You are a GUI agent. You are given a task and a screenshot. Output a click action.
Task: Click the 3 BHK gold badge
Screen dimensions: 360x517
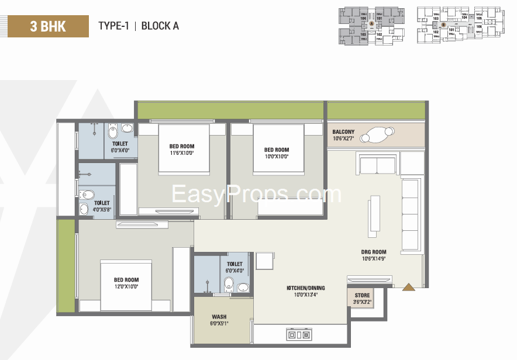[x=48, y=26]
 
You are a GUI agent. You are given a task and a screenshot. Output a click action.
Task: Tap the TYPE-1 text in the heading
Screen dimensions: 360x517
[x=113, y=26]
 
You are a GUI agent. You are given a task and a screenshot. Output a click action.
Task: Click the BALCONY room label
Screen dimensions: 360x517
[x=343, y=131]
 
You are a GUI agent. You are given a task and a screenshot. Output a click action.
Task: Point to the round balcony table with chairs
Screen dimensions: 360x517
[x=375, y=135]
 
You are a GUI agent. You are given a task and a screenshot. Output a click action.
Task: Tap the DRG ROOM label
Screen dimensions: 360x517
[x=373, y=252]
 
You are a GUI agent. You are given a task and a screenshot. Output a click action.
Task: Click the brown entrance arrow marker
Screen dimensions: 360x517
[x=408, y=286]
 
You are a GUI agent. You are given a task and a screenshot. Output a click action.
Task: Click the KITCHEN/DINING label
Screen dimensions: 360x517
[x=305, y=288]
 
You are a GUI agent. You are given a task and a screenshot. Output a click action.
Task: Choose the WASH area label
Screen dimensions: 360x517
[x=219, y=317]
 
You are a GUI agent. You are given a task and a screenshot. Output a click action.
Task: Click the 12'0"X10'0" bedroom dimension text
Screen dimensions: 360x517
[x=126, y=287]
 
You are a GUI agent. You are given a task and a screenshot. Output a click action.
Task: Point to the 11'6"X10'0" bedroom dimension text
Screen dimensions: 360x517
[x=181, y=153]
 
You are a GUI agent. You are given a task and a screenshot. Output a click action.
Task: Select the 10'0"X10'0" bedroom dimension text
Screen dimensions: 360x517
[x=277, y=157]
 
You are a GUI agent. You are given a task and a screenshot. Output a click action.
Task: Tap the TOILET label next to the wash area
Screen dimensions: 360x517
[x=235, y=267]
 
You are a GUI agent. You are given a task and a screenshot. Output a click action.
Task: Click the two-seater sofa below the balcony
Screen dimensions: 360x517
[x=377, y=165]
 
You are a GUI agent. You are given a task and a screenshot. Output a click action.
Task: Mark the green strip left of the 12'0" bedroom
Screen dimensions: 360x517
[x=66, y=266]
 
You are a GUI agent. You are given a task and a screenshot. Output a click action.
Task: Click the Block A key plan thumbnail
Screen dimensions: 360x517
[x=371, y=26]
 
